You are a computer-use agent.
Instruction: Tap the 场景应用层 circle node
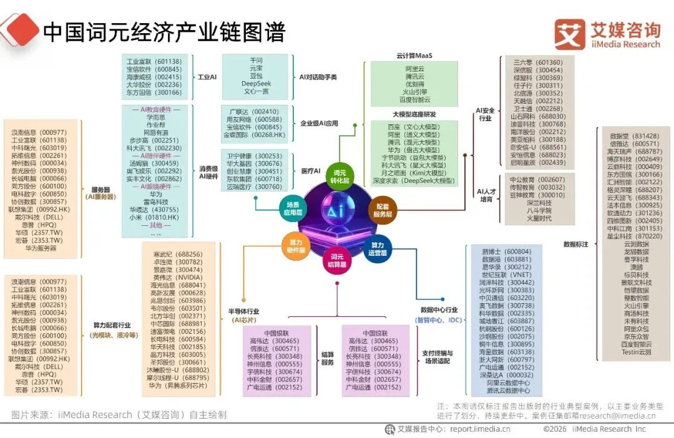click(294, 208)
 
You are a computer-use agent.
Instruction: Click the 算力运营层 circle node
click(378, 249)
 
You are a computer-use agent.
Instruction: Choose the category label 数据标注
click(575, 245)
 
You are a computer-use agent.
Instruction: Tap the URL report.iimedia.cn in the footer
click(481, 429)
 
